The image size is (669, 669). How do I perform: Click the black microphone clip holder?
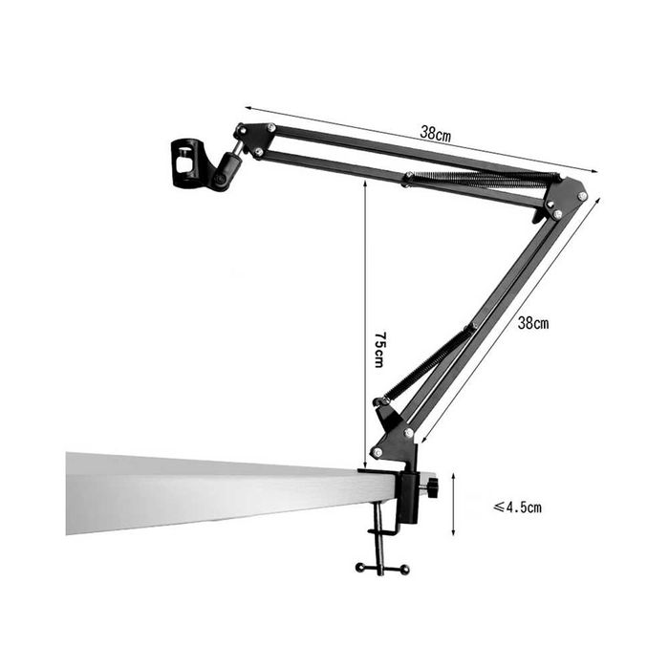(185, 162)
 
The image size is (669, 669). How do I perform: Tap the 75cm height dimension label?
(379, 349)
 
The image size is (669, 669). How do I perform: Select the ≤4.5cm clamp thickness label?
(518, 507)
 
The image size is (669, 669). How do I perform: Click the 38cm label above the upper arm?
(435, 134)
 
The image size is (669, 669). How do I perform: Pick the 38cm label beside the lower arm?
(533, 323)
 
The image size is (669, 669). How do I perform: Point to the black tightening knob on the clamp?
(433, 487)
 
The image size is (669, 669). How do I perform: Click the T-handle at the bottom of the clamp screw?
(382, 569)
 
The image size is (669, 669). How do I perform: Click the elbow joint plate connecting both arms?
(563, 199)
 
